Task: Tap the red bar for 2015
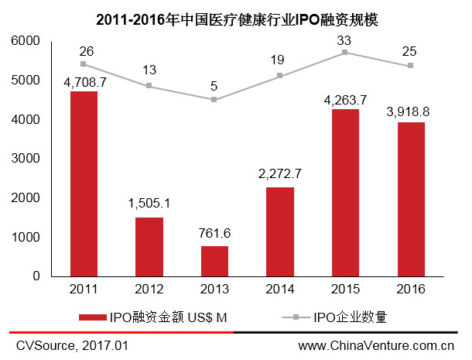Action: (x=344, y=192)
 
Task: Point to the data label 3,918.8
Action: (x=409, y=111)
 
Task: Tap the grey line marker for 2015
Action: (x=344, y=52)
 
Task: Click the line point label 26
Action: (x=87, y=51)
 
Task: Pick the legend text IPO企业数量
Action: (x=350, y=317)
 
